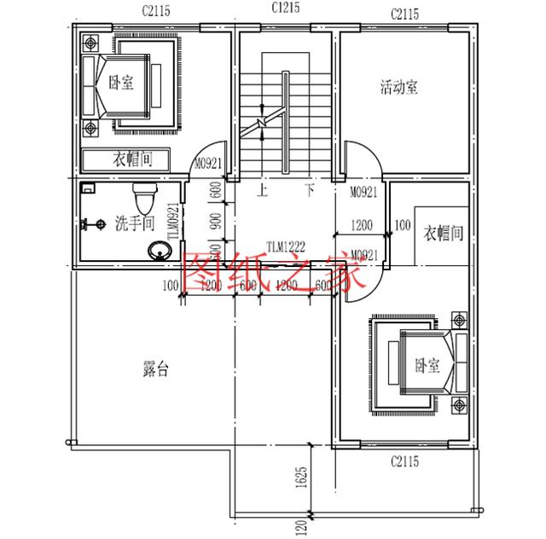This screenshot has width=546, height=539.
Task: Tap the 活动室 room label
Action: (398, 87)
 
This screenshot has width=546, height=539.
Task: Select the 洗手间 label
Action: (134, 224)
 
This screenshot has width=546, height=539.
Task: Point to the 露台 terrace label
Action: (155, 369)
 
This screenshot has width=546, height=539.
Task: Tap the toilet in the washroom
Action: (148, 198)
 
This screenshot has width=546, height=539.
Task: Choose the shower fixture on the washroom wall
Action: (85, 225)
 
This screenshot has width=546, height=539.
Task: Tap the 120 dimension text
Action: (300, 528)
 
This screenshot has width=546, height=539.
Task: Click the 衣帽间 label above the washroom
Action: (131, 159)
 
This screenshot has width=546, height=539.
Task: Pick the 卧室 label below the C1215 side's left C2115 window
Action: (121, 84)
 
